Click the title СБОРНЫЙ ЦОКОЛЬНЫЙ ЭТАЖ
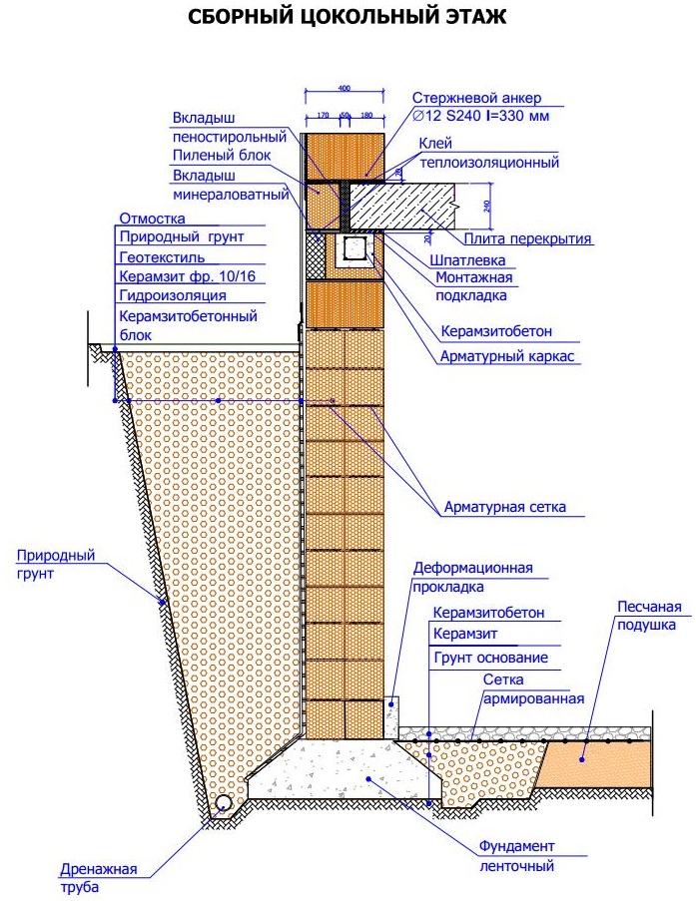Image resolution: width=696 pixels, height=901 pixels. click(347, 19)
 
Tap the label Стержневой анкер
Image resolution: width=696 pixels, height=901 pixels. click(476, 98)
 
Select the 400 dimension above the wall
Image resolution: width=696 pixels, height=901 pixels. click(345, 89)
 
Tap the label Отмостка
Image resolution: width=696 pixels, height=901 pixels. click(153, 218)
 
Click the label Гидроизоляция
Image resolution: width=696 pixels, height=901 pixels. click(172, 295)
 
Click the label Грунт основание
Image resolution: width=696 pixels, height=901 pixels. click(490, 658)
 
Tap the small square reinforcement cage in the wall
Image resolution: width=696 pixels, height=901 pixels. click(353, 248)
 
